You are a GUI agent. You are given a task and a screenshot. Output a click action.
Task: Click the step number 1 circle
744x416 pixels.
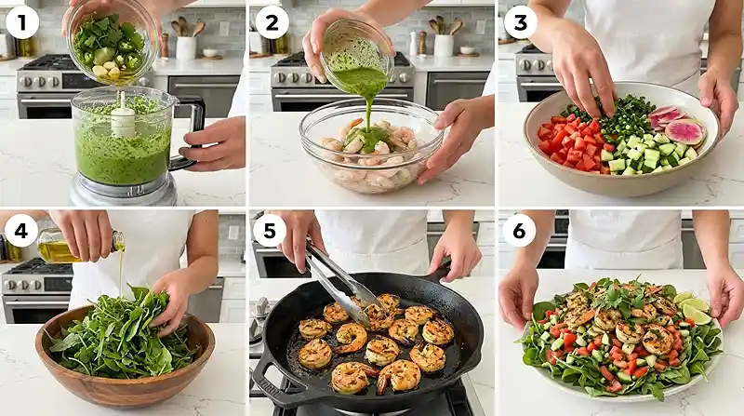click(21, 21)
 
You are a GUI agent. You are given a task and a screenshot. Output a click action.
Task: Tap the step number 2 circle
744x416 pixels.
click(272, 22)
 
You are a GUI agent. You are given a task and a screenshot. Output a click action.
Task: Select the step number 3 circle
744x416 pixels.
click(521, 22)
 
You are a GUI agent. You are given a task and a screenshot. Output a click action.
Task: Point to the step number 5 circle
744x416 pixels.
click(270, 231)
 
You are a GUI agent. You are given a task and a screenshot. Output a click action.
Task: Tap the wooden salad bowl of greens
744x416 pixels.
click(125, 356)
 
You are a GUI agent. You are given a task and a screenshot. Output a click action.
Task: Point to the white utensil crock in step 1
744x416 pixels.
click(186, 48)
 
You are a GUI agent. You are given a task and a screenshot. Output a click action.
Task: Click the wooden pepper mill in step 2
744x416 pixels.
click(422, 43)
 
